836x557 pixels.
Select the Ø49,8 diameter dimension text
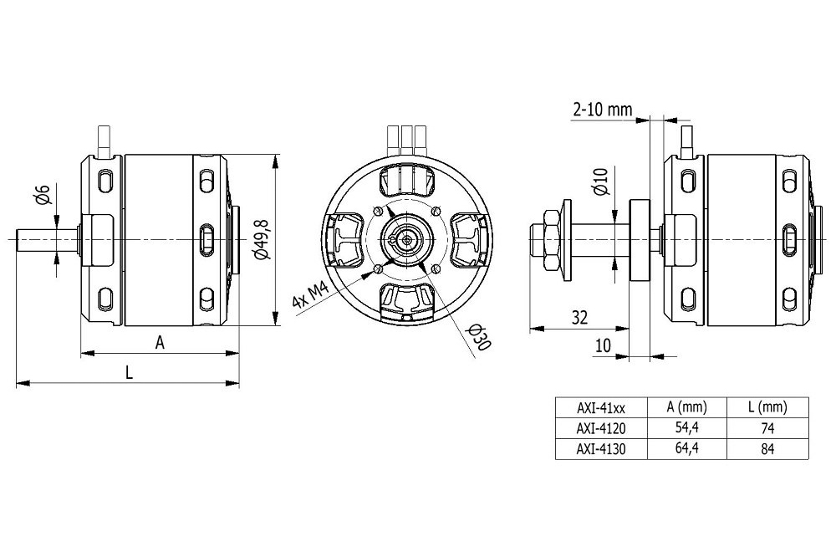(263, 239)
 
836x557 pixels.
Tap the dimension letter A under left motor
(159, 341)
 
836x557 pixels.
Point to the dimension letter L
(129, 372)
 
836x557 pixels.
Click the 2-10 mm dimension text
(602, 110)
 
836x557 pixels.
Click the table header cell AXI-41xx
(600, 408)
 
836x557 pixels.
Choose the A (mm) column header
(686, 408)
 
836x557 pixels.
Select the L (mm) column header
(768, 408)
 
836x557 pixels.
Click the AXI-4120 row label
(600, 428)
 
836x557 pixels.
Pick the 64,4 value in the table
(686, 449)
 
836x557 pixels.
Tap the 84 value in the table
(768, 449)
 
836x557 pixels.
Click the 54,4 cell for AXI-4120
(686, 428)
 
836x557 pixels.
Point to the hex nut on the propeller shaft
(548, 240)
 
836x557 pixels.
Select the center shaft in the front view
(407, 240)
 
